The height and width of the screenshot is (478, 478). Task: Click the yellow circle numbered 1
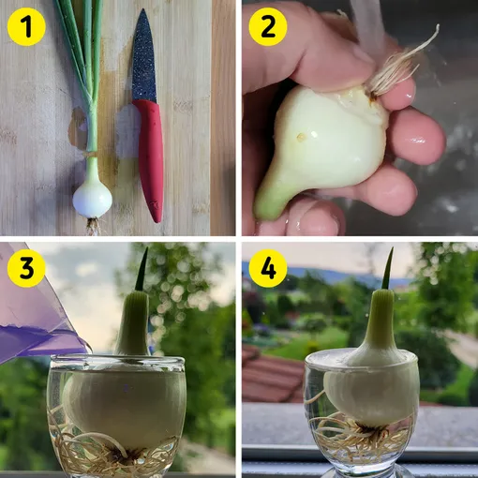[x=26, y=27]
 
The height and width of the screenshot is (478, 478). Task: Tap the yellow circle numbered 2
[x=268, y=27]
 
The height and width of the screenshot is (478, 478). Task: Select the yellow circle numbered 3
[x=26, y=268]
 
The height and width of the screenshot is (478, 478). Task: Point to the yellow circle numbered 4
[x=268, y=268]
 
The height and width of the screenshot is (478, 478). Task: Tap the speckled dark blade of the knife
[x=142, y=56]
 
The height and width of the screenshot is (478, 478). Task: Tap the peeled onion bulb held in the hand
[x=321, y=147]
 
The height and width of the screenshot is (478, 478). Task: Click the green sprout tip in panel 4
[x=388, y=269]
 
